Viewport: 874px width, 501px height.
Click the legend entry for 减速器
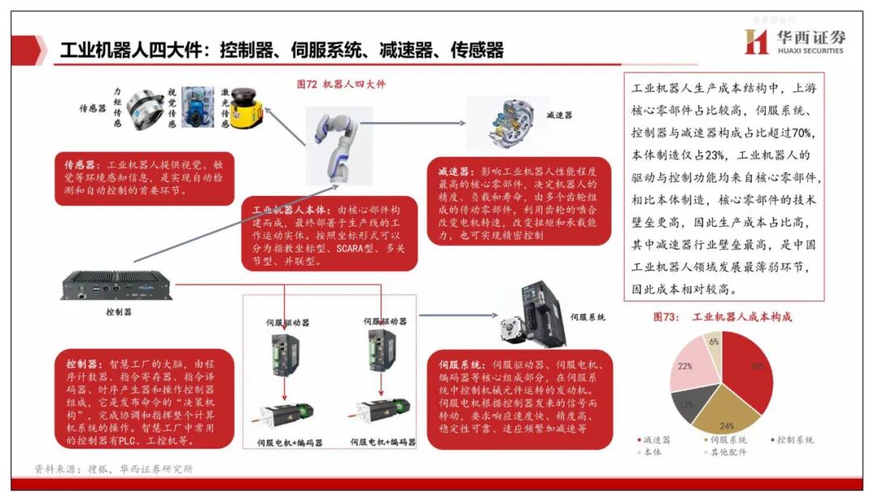point(655,439)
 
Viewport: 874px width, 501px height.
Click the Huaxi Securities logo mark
point(756,42)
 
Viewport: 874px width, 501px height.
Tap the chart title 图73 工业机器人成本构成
point(722,316)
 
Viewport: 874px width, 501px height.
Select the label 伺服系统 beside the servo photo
point(588,317)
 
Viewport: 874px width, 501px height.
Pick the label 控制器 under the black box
point(118,311)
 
